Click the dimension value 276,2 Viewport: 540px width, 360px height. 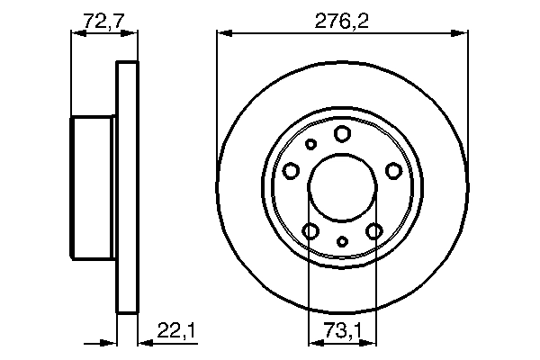pos(341,17)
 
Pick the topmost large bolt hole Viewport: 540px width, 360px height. pos(342,134)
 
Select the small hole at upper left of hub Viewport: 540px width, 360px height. pos(311,144)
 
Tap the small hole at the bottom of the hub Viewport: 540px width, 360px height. pos(342,240)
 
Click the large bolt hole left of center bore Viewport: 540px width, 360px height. pos(291,171)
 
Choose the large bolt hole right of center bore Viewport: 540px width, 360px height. pos(393,171)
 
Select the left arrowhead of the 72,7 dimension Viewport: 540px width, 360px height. pos(76,34)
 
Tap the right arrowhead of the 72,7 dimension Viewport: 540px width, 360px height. pos(133,34)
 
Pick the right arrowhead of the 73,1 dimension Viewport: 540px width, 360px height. pos(369,342)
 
